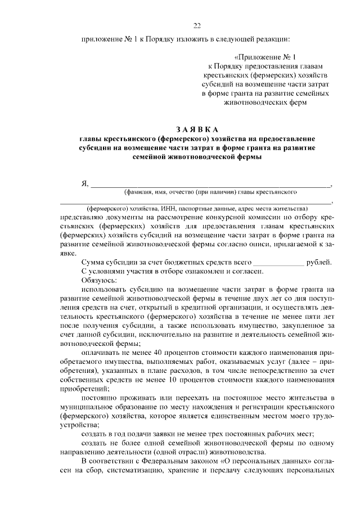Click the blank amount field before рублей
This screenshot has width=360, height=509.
278,263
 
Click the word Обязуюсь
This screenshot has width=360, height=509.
99,280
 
